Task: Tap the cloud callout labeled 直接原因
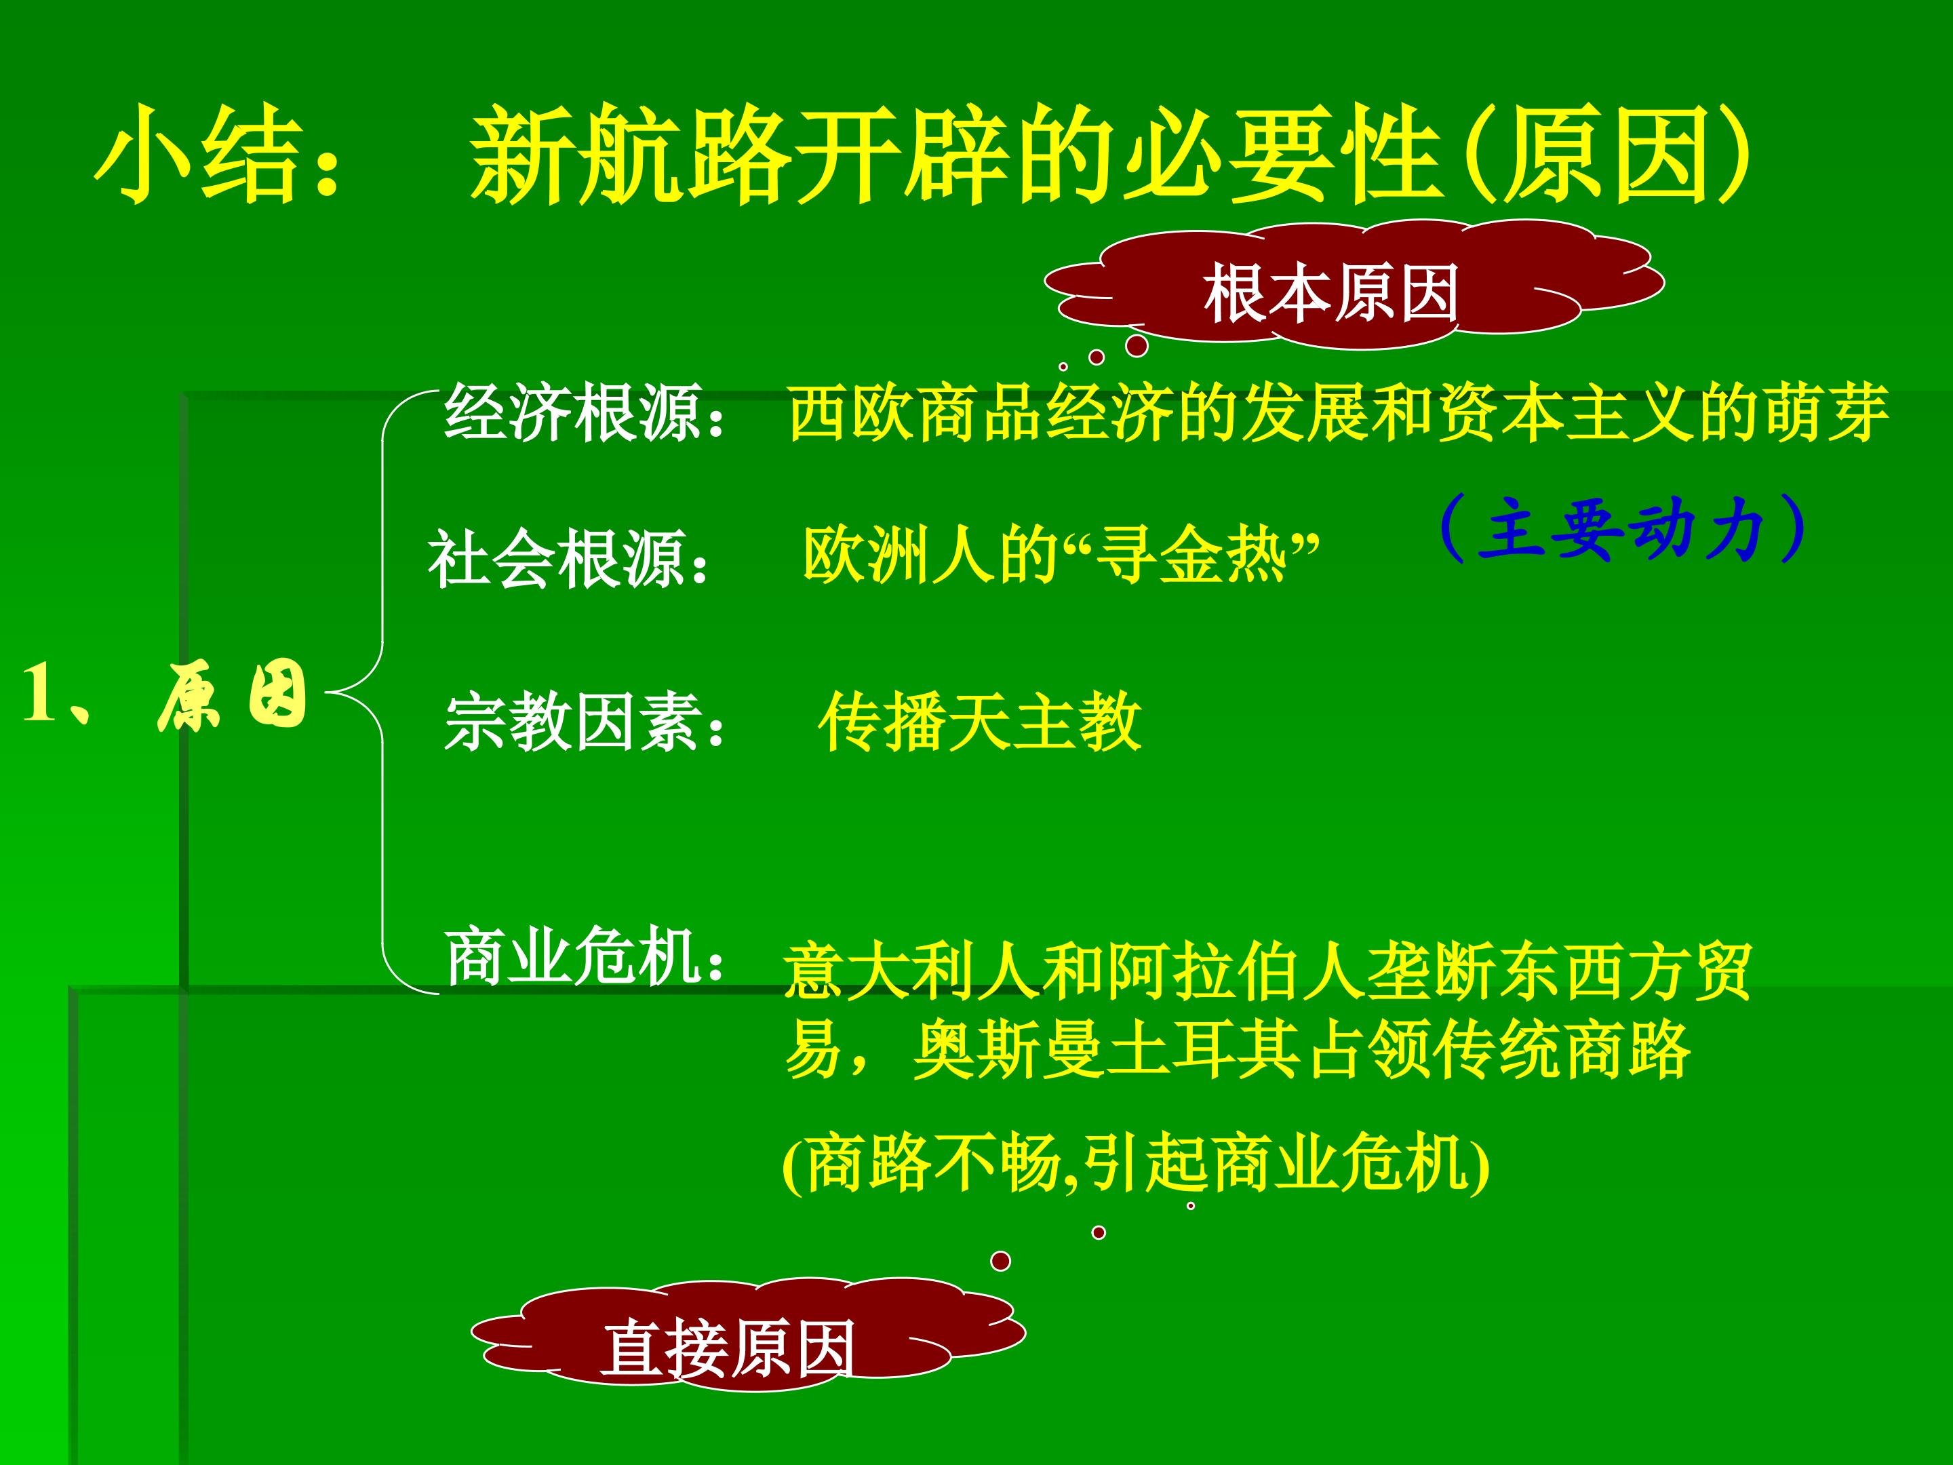point(729,1348)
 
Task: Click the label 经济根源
point(573,412)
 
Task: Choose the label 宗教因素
point(573,722)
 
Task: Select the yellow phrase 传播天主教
point(980,722)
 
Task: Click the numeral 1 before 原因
point(40,694)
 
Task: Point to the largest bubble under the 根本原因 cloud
point(1137,345)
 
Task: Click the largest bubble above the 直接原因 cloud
point(1000,1261)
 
